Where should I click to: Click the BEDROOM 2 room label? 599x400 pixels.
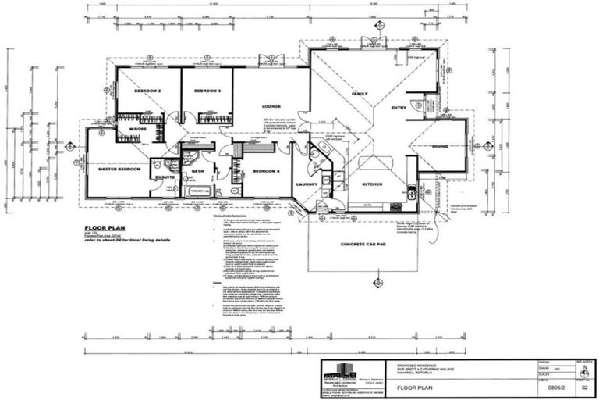tap(147, 91)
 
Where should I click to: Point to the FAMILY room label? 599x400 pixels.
tap(360, 94)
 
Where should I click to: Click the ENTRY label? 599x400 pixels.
tap(399, 108)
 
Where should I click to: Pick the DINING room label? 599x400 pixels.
tap(440, 146)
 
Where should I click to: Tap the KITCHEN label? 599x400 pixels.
tap(372, 184)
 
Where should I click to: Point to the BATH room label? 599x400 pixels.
tap(197, 170)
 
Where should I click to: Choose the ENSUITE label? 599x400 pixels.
tap(165, 177)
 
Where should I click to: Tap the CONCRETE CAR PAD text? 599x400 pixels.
tap(363, 244)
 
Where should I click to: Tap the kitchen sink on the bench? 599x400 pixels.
tap(410, 191)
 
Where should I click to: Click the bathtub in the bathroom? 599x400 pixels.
tap(198, 191)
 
